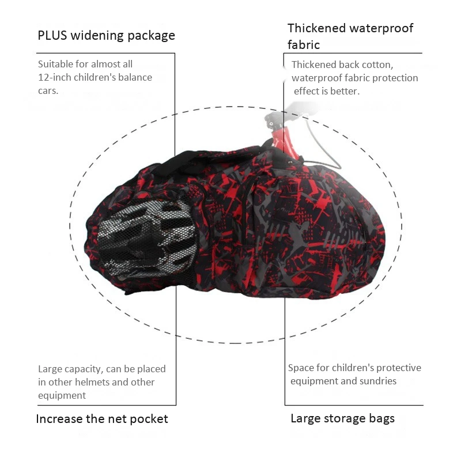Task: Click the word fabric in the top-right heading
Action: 304,45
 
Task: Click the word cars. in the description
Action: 48,91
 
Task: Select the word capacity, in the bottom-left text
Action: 84,369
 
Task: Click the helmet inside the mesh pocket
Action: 147,238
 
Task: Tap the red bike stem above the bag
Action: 282,144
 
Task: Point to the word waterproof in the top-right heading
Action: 381,28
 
